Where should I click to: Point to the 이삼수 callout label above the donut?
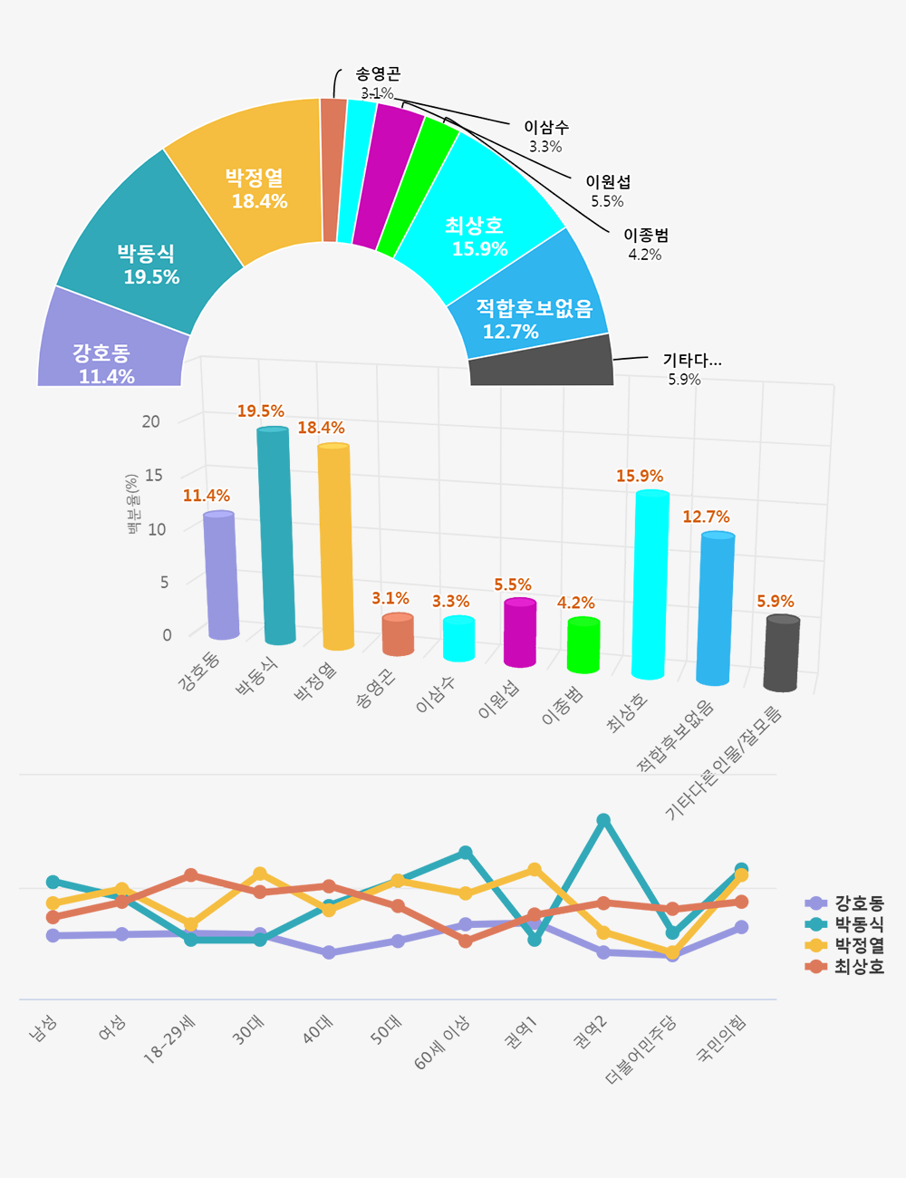(x=546, y=136)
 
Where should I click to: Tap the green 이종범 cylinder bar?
(x=583, y=645)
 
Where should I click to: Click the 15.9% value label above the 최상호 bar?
(x=640, y=476)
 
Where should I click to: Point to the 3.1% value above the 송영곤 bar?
(x=390, y=598)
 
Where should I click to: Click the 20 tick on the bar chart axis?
(x=150, y=421)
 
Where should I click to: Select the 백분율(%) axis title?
(x=133, y=504)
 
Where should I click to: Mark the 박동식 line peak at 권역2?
(x=603, y=821)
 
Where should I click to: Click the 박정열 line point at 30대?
(x=260, y=874)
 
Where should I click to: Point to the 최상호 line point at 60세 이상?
(x=465, y=941)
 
